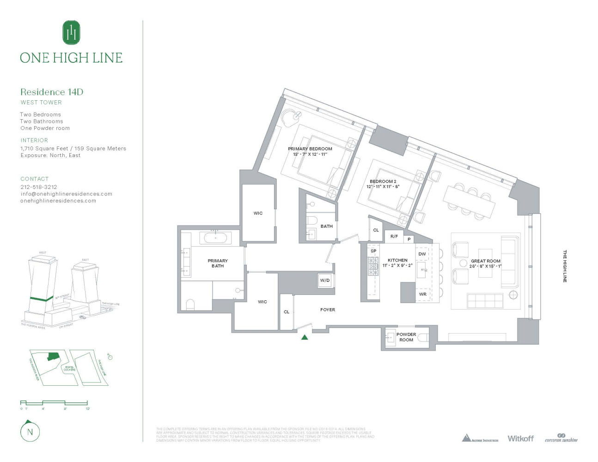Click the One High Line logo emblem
click(71, 32)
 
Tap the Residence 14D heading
click(52, 92)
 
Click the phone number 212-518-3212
click(39, 187)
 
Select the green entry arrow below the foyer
click(305, 337)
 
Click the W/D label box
click(325, 280)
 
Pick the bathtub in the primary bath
click(215, 238)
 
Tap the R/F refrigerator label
click(394, 237)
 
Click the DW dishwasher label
click(422, 254)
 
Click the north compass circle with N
click(31, 432)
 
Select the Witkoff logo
click(520, 438)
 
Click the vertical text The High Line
click(564, 266)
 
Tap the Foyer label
click(328, 310)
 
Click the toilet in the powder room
click(422, 338)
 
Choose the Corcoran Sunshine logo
click(561, 438)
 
